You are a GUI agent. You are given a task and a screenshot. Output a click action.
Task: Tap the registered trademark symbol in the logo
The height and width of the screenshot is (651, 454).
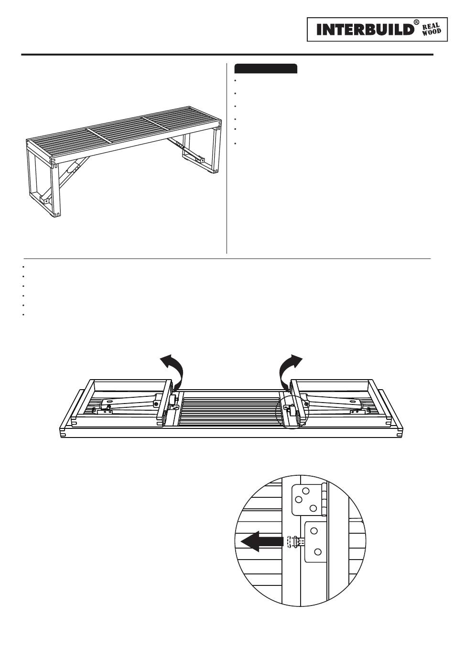click(x=416, y=23)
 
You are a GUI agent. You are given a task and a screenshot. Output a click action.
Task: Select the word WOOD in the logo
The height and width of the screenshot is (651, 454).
click(x=431, y=33)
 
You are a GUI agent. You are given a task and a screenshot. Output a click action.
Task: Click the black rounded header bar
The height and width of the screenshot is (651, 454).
click(x=266, y=68)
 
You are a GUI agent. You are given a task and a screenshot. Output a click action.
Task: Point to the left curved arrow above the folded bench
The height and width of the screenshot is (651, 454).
click(x=173, y=369)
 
